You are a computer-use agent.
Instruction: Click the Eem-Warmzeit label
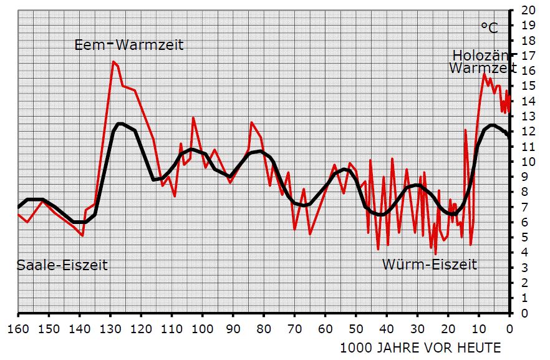click(130, 45)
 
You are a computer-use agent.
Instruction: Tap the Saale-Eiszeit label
click(62, 265)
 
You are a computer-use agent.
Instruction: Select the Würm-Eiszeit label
click(430, 265)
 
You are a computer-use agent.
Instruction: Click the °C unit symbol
click(490, 28)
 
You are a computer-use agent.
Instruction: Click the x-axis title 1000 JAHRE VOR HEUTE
click(420, 347)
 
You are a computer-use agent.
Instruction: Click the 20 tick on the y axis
click(529, 11)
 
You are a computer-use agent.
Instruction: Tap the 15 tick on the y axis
click(529, 86)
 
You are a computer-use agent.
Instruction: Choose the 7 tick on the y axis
click(529, 207)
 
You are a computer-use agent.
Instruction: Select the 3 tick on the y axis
click(529, 268)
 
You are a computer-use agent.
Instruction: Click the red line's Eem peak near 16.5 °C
click(113, 62)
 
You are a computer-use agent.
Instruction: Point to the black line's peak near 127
click(120, 124)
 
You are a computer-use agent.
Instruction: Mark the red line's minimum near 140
click(82, 236)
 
